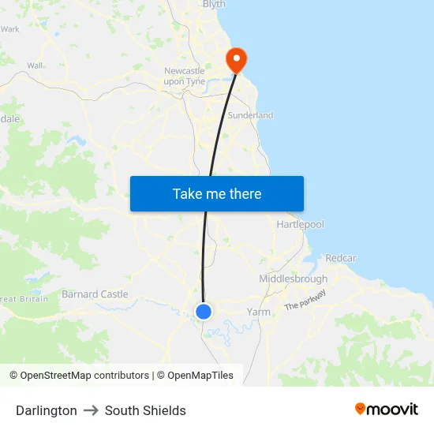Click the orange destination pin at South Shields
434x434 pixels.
[236, 58]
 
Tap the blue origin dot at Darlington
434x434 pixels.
[204, 311]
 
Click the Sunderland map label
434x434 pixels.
[250, 115]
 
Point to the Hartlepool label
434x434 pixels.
[300, 225]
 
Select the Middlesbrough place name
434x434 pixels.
[293, 279]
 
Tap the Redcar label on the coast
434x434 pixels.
[341, 258]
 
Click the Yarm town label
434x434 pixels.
[258, 312]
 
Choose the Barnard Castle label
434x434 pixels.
[95, 294]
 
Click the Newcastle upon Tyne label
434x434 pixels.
[185, 76]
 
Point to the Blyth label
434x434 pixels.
[214, 5]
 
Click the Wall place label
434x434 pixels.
[35, 65]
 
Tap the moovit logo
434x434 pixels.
[387, 409]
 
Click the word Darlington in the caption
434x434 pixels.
[47, 410]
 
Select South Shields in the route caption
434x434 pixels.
[145, 410]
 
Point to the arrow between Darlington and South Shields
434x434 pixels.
[91, 410]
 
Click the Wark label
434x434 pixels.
[10, 29]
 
